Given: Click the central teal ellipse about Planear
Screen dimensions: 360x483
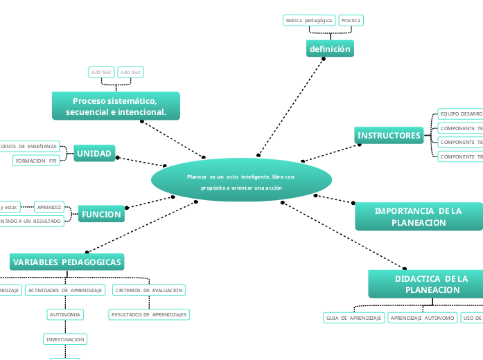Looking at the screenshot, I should point(241,182).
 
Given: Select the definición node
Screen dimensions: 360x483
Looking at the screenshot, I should point(330,49).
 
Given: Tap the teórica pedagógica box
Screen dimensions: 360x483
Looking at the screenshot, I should point(309,21).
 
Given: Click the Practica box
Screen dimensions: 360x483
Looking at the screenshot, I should point(351,21).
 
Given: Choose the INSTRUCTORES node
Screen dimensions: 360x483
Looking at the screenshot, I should point(389,136).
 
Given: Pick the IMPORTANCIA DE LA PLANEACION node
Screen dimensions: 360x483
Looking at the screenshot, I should point(419,217).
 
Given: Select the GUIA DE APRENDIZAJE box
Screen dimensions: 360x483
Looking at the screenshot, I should point(353,318).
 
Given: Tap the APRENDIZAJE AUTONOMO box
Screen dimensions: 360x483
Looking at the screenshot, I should point(422,318).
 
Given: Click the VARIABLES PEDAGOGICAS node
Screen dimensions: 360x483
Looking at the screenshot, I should point(67,262).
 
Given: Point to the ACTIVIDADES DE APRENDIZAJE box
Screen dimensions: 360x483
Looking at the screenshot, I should point(65,290).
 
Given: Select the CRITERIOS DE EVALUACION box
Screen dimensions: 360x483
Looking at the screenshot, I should point(149,290).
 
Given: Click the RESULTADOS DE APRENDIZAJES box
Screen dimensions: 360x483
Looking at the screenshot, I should point(149,314).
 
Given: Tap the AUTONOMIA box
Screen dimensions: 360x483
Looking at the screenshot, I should point(65,314).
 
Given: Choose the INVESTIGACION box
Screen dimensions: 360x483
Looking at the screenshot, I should point(65,339).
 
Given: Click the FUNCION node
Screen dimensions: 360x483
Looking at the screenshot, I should point(101,215).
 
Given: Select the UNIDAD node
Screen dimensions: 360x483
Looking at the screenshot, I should point(94,154).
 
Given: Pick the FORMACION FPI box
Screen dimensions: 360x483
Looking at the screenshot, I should point(35,161).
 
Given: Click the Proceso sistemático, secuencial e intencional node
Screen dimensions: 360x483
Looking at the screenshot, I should point(116,107).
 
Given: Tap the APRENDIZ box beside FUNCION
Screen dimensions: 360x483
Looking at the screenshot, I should point(49,207).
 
